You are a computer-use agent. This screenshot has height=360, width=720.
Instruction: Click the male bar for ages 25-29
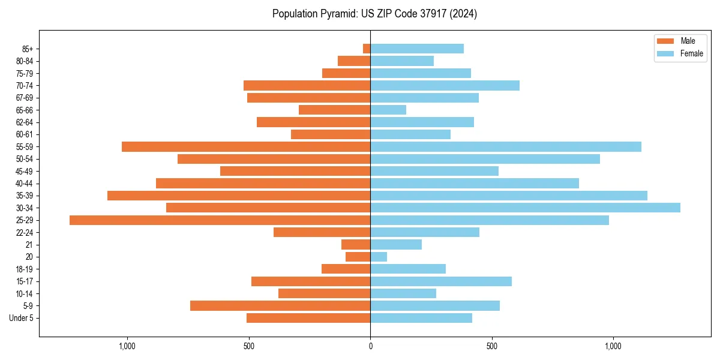(220, 220)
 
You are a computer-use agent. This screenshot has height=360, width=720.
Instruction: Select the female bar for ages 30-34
(525, 208)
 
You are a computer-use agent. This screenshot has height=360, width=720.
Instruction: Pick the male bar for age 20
(358, 257)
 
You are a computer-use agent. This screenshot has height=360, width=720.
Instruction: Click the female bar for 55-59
(506, 146)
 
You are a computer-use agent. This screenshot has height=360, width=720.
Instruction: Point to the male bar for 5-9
(280, 306)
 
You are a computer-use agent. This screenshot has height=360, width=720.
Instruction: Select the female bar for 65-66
(388, 110)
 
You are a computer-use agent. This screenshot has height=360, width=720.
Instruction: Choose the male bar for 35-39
(239, 196)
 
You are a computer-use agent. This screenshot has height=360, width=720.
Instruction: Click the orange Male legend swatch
(666, 41)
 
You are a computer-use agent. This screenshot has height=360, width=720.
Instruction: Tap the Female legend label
(692, 53)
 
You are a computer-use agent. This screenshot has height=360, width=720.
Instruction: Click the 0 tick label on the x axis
(370, 346)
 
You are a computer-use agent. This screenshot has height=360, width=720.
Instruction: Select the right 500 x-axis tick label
(492, 346)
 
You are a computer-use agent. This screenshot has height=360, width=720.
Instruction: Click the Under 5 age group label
(21, 318)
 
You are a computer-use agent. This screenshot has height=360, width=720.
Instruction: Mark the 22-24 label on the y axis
(25, 232)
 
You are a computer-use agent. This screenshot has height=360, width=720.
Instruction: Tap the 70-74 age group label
(25, 85)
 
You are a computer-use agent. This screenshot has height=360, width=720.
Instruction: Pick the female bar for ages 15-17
(441, 281)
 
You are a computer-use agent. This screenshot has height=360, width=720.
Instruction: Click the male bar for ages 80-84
(354, 61)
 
